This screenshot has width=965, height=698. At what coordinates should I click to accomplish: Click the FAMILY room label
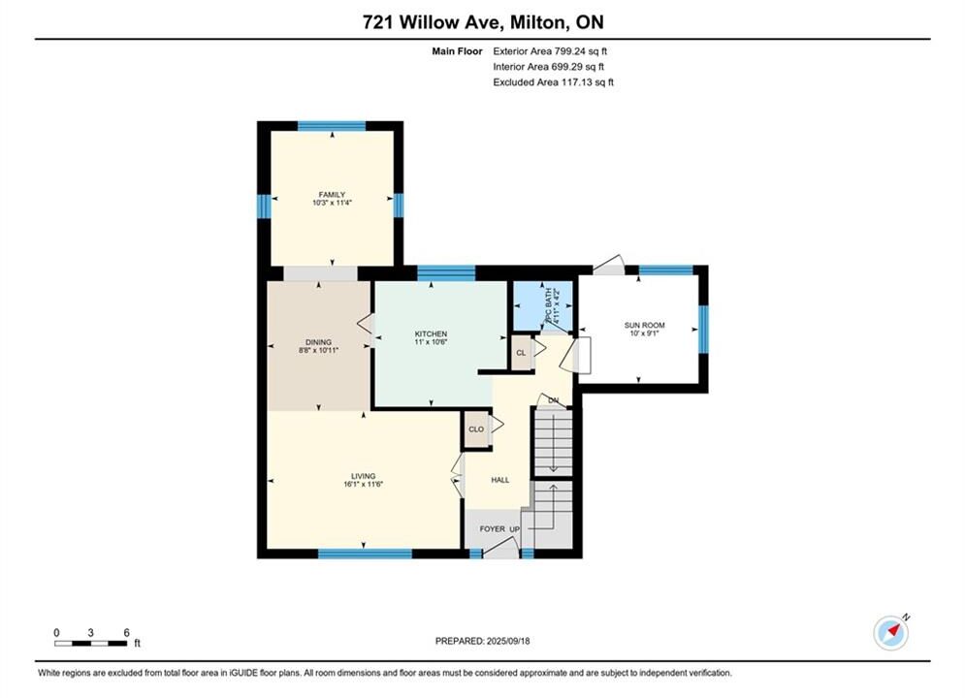point(332,194)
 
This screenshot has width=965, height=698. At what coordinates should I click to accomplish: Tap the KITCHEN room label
point(431,333)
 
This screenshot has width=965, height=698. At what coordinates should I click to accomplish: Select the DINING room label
point(319,342)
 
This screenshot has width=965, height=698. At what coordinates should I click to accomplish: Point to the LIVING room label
point(363,476)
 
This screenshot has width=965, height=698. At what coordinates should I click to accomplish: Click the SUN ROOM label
point(644,326)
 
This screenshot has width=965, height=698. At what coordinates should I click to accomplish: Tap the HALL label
point(500,480)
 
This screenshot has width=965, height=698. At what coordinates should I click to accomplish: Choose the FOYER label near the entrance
point(493,529)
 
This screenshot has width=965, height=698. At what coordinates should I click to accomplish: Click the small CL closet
point(521,352)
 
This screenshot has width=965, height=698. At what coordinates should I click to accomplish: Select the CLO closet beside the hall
point(476,429)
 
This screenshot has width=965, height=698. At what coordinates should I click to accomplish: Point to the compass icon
point(890,632)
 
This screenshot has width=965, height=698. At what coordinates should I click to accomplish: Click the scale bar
point(90,644)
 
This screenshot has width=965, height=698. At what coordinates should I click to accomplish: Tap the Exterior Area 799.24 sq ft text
point(550,51)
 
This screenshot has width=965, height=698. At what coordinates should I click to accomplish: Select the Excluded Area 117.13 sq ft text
point(553,81)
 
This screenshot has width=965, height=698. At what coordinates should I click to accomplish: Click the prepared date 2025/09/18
point(508,641)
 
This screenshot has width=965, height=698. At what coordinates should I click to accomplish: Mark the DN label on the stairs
point(553,400)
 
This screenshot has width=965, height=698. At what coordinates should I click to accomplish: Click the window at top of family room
point(332,126)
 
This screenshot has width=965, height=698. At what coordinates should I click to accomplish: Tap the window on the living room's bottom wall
point(365,554)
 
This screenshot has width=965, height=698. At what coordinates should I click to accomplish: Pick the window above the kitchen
point(446,272)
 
